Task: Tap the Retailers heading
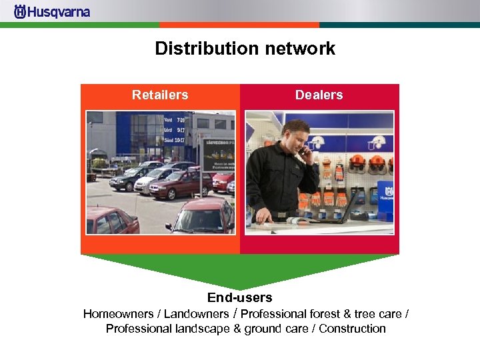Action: [x=160, y=95]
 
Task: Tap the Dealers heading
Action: [x=319, y=95]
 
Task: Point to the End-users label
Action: [x=239, y=297]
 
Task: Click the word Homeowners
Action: [x=119, y=314]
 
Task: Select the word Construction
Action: [x=352, y=329]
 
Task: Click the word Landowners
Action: [x=196, y=314]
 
